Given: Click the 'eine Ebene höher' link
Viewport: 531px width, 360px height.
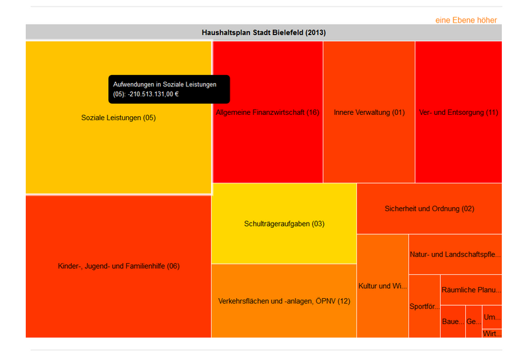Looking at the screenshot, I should (466, 20).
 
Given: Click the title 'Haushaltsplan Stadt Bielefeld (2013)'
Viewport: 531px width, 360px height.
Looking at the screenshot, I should (264, 33).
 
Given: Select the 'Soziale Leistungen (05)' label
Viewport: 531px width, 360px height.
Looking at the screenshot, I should (123, 118).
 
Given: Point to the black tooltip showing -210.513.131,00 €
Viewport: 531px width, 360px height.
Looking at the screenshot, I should (169, 89).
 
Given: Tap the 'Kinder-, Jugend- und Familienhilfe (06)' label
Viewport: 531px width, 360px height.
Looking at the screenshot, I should (119, 266).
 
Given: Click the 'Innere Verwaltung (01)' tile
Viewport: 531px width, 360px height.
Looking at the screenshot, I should (369, 112).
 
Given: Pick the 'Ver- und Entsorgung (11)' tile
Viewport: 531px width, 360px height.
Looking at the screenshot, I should (459, 112).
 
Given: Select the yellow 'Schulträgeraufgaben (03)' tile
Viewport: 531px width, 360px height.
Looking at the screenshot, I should (284, 224).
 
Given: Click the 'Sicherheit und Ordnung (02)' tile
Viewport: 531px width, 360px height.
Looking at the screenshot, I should (429, 209).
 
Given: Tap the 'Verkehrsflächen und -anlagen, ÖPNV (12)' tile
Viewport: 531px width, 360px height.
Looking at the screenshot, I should (284, 301).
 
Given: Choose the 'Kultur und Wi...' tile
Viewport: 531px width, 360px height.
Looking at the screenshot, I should (382, 286).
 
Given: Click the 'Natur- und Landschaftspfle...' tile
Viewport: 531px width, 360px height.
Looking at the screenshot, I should (455, 254).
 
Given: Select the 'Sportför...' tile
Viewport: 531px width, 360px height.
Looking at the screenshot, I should (424, 306).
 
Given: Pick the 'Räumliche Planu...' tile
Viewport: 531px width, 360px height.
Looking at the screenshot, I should (471, 290).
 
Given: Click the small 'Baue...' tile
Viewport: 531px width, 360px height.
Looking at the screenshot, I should (453, 321).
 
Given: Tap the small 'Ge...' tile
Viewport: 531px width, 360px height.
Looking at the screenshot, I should (474, 321).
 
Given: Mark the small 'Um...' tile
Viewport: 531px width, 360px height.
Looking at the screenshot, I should (492, 316).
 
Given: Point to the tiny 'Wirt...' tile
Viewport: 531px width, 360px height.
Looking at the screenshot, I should (492, 333).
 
